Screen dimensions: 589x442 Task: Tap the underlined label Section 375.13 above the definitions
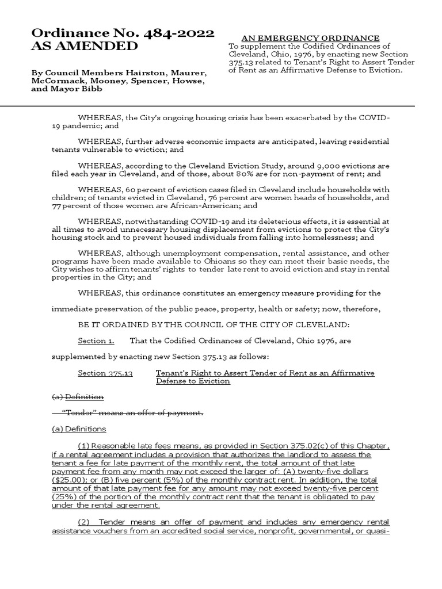105,373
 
